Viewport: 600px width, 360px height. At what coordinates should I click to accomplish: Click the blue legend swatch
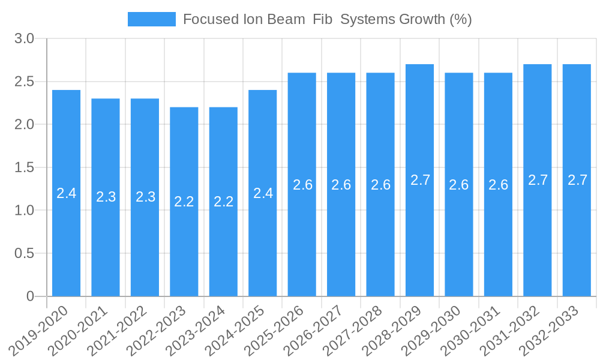pos(151,19)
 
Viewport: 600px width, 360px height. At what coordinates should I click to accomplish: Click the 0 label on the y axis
pos(31,296)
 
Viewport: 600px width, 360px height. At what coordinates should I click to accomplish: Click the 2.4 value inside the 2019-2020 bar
pos(66,193)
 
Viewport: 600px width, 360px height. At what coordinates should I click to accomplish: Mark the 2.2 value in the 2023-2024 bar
pos(223,202)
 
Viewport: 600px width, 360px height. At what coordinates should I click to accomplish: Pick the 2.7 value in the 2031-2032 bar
pos(538,180)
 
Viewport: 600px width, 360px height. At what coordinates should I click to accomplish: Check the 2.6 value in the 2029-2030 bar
pos(459,185)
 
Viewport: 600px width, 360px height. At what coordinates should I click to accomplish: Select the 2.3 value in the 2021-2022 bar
pos(145,197)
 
